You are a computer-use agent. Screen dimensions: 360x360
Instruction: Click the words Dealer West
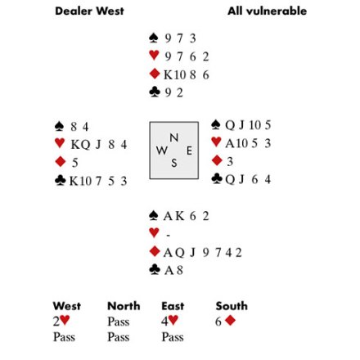coord(89,11)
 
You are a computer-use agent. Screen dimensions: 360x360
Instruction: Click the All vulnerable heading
coord(267,11)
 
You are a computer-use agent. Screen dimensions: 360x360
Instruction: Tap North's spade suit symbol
coord(154,38)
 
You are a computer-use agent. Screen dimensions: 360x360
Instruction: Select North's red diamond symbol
coord(155,74)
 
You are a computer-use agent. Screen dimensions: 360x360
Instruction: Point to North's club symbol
coord(155,92)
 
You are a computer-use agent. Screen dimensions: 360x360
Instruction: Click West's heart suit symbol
coord(60,143)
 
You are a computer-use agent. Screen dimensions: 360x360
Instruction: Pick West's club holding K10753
coord(98,181)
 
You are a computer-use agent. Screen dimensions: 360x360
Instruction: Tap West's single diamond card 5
coord(75,163)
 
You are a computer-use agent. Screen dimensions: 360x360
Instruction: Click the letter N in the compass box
coord(174,137)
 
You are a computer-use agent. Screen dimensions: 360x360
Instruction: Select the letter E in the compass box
coord(189,151)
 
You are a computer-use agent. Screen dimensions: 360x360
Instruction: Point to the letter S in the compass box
coord(174,163)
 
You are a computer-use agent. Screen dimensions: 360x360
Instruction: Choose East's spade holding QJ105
coord(248,125)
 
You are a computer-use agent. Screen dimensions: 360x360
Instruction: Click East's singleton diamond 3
coord(230,162)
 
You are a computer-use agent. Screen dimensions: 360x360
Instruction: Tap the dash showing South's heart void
coord(169,235)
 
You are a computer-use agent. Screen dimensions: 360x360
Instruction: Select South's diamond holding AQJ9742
coord(203,252)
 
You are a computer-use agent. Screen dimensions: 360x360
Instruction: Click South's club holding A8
coord(173,270)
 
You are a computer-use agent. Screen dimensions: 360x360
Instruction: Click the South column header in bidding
coord(232,306)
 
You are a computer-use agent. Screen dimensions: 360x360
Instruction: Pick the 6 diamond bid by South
coord(225,321)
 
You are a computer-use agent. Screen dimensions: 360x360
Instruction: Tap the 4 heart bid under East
coord(169,321)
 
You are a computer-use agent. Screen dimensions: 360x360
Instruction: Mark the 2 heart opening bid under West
coord(61,321)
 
